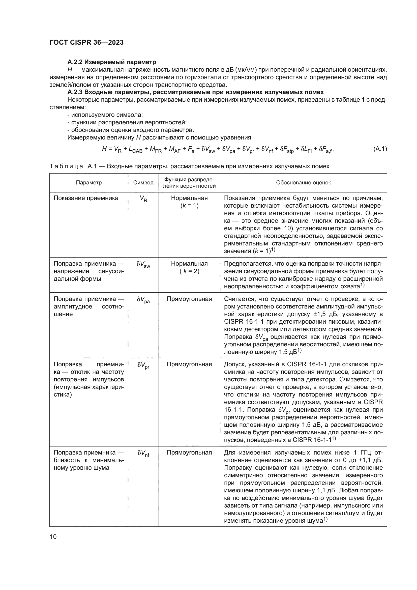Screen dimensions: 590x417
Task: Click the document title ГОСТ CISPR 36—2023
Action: pos(86,42)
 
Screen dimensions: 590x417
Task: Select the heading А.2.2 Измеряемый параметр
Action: pos(112,62)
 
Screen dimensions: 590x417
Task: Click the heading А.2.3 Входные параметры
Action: pos(195,92)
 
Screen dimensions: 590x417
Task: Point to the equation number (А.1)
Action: pos(380,149)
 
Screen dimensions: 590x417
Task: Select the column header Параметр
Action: pos(88,182)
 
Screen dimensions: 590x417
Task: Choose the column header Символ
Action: pos(143,182)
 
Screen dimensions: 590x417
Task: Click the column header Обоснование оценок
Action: pos(303,182)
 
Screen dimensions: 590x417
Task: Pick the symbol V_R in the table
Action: pos(143,199)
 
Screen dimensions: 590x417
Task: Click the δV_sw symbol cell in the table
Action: pos(143,264)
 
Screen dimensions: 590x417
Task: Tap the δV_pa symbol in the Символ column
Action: pos(143,300)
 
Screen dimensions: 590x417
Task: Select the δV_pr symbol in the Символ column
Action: pos(143,365)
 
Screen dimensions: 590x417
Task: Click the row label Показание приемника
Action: pos(86,198)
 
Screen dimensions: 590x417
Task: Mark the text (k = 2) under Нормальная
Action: pos(189,271)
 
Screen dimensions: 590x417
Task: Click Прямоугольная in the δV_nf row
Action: pos(189,453)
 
